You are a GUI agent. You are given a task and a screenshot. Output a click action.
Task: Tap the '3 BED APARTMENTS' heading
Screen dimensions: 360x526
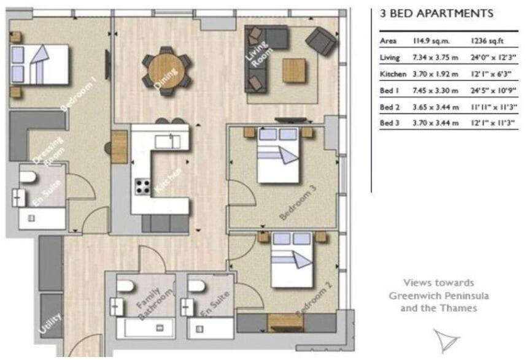pyautogui.click(x=436, y=13)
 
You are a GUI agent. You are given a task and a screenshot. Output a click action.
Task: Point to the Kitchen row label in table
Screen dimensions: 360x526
pyautogui.click(x=393, y=74)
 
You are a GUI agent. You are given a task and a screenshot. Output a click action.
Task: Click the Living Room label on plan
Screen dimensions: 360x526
pyautogui.click(x=256, y=53)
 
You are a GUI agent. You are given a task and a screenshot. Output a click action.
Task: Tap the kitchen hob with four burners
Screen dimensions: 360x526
pyautogui.click(x=142, y=185)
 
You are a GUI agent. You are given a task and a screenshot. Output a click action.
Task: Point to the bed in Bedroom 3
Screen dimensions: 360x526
pyautogui.click(x=278, y=156)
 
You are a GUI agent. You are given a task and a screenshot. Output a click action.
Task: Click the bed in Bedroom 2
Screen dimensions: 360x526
pyautogui.click(x=293, y=261)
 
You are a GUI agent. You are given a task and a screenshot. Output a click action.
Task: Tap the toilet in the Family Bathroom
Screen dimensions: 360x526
pyautogui.click(x=126, y=286)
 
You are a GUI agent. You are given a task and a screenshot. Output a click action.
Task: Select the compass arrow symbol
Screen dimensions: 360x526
pyautogui.click(x=446, y=339)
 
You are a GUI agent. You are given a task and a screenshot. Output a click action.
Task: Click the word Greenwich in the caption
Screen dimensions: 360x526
pyautogui.click(x=414, y=296)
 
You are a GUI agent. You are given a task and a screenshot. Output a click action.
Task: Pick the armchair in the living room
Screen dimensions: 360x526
pyautogui.click(x=321, y=40)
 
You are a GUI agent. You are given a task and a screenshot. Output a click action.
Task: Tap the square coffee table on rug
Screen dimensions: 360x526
pyautogui.click(x=295, y=70)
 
